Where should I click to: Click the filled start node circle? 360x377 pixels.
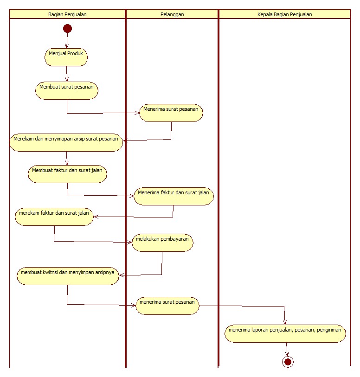(67, 29)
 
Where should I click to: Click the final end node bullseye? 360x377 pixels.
(288, 362)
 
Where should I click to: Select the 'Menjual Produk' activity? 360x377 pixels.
(66, 57)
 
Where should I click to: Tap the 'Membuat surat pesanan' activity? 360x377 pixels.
(67, 90)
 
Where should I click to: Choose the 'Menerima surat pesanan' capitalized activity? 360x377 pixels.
(171, 113)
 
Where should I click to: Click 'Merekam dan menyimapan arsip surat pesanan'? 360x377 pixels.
(66, 142)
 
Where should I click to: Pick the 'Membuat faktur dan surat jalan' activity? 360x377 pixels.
(67, 174)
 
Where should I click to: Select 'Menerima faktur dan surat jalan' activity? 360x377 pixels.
(174, 196)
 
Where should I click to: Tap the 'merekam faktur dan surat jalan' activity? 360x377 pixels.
(54, 217)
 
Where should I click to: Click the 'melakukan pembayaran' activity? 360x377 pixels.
(162, 243)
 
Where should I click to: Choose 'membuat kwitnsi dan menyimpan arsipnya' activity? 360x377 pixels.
(68, 276)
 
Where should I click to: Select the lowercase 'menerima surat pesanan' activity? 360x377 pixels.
(167, 306)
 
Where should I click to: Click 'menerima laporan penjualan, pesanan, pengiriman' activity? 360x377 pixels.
(285, 333)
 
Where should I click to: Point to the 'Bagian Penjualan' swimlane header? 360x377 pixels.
(67, 14)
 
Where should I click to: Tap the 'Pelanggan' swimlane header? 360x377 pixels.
(172, 14)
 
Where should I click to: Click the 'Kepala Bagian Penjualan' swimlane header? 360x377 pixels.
(284, 14)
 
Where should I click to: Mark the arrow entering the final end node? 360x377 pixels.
(287, 350)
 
